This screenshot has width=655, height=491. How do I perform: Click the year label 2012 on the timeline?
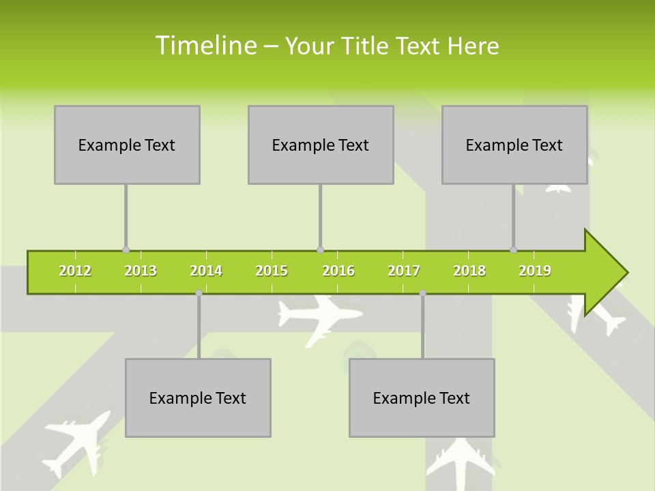(75, 271)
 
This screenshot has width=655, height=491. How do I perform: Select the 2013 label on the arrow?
(141, 271)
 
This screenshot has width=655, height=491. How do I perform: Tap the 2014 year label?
(206, 271)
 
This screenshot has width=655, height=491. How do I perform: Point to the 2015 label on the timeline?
(272, 271)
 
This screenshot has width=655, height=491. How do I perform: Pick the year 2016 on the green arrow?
(338, 271)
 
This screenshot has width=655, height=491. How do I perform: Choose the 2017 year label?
(404, 271)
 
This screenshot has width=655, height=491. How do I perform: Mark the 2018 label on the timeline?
(469, 271)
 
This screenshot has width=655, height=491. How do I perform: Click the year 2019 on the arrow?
(535, 271)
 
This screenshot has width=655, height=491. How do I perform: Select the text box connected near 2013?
(127, 145)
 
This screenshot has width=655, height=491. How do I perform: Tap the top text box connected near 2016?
(321, 145)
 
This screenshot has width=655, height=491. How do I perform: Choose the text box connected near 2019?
(514, 145)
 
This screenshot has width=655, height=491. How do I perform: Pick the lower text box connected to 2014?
(198, 398)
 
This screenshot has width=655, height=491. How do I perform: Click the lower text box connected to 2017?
(422, 398)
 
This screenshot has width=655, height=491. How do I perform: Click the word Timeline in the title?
(205, 46)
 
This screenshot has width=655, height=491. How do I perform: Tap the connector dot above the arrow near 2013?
(126, 250)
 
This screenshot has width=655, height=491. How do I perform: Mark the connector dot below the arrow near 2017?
(422, 293)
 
